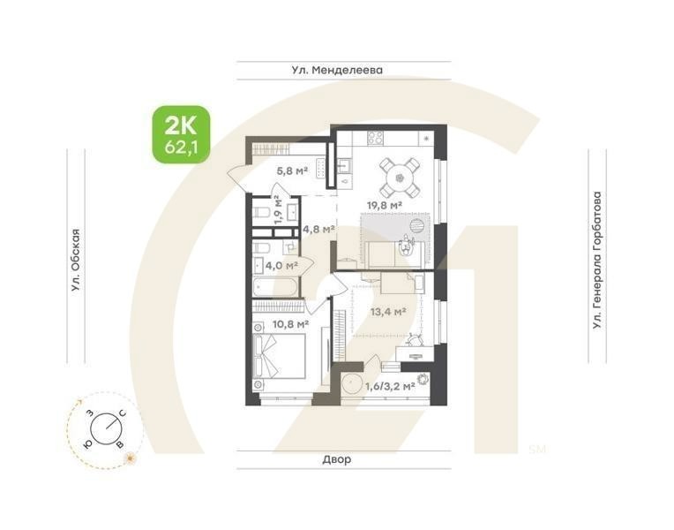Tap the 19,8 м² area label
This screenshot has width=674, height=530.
tap(385, 205)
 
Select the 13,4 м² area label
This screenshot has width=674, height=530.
tap(388, 311)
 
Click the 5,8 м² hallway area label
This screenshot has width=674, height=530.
tap(292, 172)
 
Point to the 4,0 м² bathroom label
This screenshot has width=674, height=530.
tap(281, 264)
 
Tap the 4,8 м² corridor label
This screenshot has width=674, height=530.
tap(318, 229)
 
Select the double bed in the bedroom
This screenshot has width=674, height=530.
tap(280, 358)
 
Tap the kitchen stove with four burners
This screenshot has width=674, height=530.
tap(375, 139)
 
